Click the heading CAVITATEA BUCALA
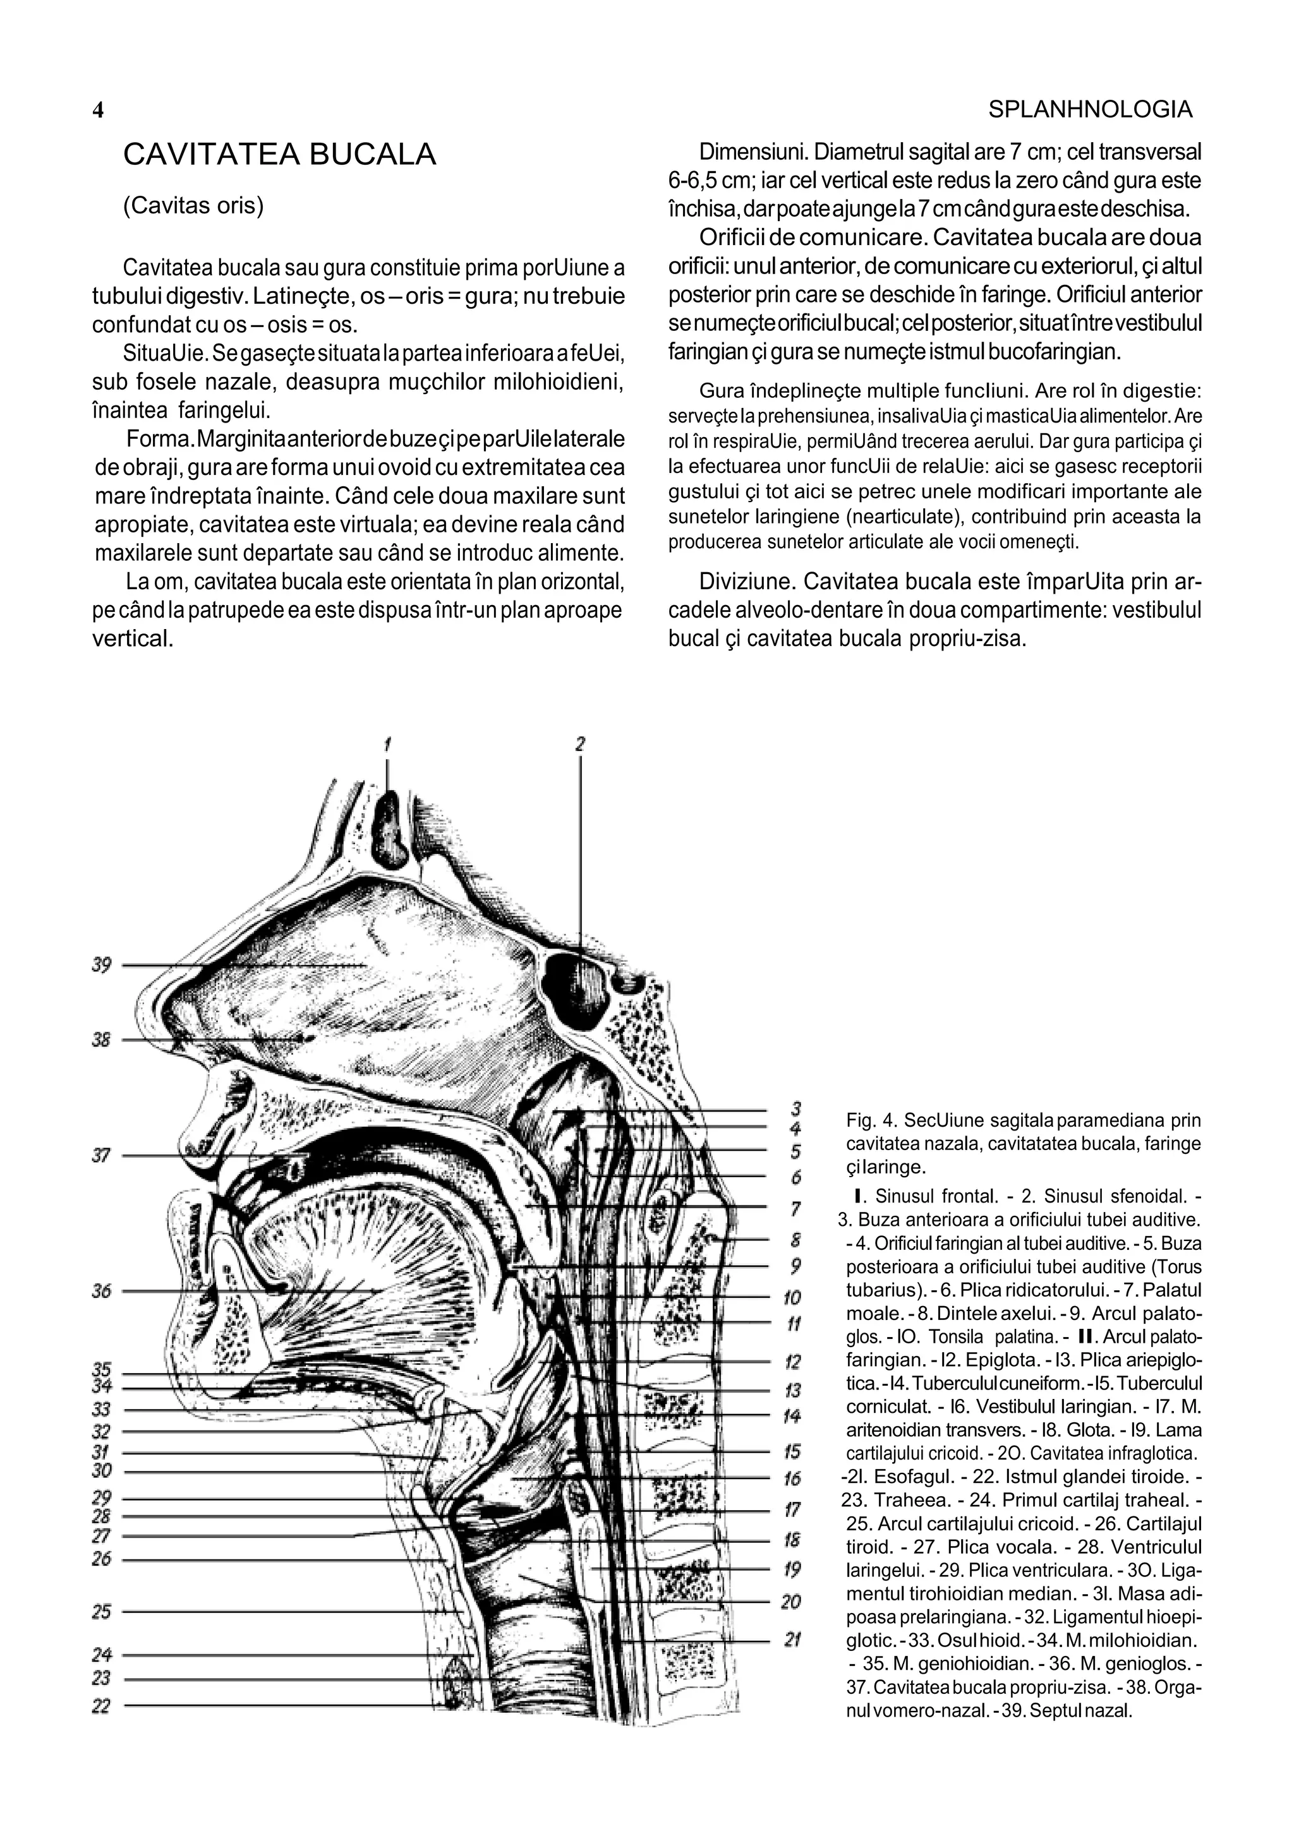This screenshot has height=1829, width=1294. coord(280,155)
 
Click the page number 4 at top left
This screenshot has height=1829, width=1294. coord(98,111)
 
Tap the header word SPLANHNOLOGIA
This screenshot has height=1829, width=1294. coord(1090,110)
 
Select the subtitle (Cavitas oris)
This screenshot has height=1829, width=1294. coord(193,205)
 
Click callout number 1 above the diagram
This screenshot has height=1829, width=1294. coord(388,744)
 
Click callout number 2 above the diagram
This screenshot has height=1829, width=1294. coord(580,744)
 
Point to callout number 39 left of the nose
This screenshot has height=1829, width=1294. coord(101,966)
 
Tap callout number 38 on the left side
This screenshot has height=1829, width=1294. coord(101,1040)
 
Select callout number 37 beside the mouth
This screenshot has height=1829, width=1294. coord(101,1155)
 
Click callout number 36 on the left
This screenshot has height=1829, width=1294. coord(101,1290)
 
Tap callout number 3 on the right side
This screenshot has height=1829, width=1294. coord(795,1108)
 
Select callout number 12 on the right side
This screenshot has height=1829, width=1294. coord(793,1362)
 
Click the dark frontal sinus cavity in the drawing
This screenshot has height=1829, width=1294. coord(390,831)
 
